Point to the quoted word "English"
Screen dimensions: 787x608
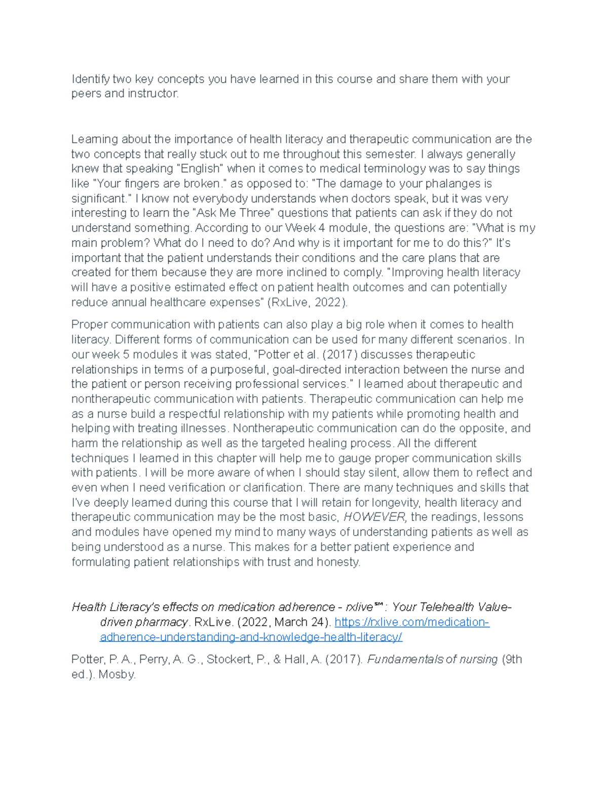coord(198,169)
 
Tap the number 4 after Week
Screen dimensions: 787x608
coord(322,228)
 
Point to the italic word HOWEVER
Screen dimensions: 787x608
coord(375,517)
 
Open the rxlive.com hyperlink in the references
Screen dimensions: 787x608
coord(411,622)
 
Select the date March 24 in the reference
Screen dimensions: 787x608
coord(299,622)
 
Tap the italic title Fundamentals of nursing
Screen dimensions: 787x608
coord(432,660)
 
